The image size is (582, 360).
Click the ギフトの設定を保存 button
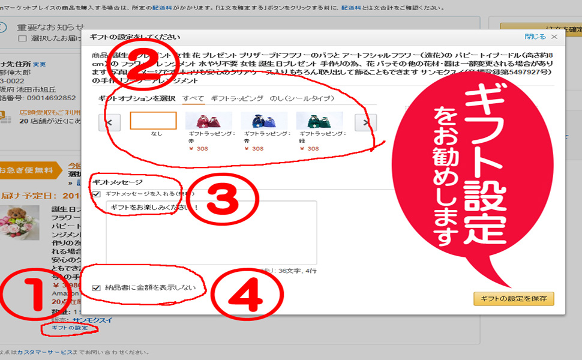click(x=514, y=299)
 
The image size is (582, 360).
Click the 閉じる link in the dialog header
click(x=535, y=37)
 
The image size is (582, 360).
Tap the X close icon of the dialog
click(x=554, y=37)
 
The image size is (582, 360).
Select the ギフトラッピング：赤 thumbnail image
click(x=208, y=121)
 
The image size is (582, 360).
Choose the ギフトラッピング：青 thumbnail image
click(x=263, y=121)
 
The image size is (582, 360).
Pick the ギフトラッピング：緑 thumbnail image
click(x=319, y=121)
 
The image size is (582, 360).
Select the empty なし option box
click(x=153, y=121)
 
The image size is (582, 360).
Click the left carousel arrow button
click(x=109, y=122)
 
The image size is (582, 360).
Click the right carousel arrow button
click(x=365, y=122)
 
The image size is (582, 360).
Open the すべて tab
click(x=193, y=98)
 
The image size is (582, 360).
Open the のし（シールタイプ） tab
click(x=302, y=98)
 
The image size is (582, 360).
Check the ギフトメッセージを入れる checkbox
click(x=97, y=194)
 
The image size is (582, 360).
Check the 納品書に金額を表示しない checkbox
click(x=97, y=289)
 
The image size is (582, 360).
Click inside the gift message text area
click(x=211, y=234)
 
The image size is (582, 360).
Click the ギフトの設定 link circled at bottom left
click(x=70, y=328)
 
